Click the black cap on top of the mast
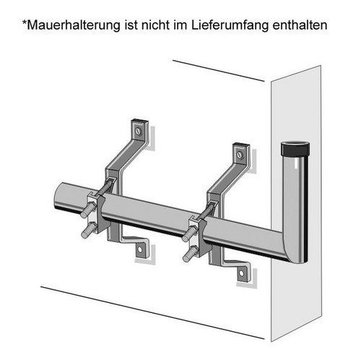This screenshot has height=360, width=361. coord(294,152)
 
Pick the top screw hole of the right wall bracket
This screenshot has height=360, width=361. coord(240,154)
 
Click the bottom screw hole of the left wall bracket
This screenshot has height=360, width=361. coord(141,251)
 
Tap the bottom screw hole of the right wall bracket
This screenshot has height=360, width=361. coord(242,273)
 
